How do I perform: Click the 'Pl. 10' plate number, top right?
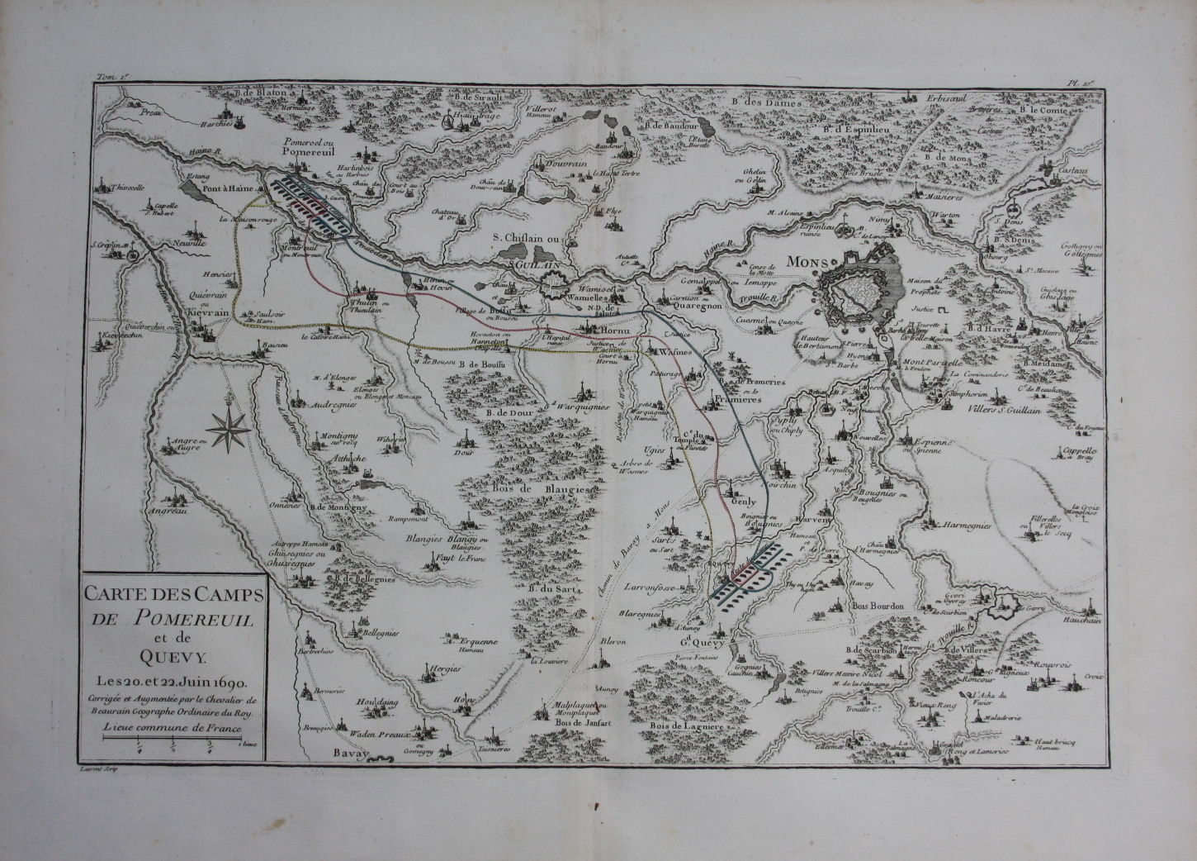coord(1080,82)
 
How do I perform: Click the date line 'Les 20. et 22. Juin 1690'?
coord(173,679)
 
